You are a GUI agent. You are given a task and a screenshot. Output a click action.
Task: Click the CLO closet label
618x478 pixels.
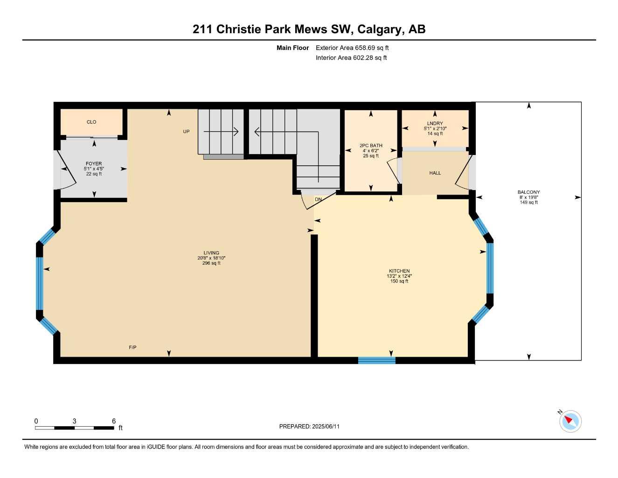[x=91, y=122]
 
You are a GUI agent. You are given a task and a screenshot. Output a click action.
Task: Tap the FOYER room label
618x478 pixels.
[x=94, y=164]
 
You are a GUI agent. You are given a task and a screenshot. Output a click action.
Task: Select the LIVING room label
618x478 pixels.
[x=211, y=253]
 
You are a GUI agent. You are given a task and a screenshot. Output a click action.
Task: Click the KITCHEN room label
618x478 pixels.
[x=399, y=271]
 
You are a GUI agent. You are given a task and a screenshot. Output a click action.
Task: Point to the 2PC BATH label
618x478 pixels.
[x=371, y=146]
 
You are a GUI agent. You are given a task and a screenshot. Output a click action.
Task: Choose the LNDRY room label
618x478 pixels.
[x=435, y=124]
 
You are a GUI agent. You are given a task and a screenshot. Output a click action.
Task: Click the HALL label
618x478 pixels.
[x=435, y=173]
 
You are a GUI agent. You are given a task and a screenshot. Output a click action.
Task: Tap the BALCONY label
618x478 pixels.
[x=528, y=192]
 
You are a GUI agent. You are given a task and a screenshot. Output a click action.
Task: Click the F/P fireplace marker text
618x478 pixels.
[x=132, y=347]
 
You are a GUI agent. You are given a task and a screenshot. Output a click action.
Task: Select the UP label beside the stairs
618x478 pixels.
[x=186, y=132]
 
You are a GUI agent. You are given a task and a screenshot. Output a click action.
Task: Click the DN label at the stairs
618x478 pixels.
[x=318, y=200]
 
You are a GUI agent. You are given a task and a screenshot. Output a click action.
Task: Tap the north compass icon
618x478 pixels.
[x=570, y=421]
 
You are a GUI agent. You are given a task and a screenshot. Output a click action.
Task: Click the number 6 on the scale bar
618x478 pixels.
[x=114, y=421]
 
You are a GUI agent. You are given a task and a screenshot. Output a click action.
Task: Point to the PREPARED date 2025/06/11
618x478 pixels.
[x=309, y=426]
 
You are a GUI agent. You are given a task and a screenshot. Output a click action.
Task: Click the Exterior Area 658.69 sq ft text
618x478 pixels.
[x=352, y=48]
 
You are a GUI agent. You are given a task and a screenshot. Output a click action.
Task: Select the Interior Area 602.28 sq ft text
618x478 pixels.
[x=351, y=58]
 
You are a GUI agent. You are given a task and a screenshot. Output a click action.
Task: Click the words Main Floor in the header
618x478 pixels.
[x=292, y=48]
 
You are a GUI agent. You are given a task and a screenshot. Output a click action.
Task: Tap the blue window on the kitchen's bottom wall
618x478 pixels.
[x=377, y=360]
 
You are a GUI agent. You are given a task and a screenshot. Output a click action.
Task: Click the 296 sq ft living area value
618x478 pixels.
[x=211, y=263]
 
